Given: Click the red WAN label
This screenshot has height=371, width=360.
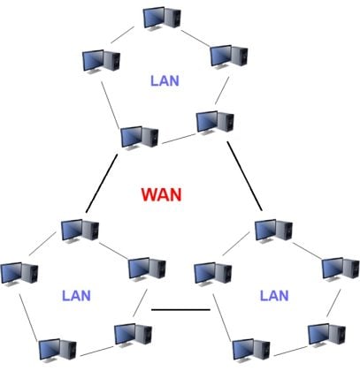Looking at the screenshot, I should point(161,193).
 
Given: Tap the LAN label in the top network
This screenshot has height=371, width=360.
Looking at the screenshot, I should point(165,80).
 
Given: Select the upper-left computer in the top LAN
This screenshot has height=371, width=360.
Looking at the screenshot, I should point(100,60).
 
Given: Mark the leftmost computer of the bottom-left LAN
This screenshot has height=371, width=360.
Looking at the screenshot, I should point(18,272).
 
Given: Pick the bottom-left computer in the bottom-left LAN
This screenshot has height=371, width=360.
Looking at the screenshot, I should point(55,351).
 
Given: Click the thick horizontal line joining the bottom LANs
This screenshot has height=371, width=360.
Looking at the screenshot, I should point(180,309).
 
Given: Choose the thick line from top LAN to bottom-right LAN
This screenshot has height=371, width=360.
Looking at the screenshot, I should point(246,177).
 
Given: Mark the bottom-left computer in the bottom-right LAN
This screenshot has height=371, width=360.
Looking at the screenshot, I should point(249,350).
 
